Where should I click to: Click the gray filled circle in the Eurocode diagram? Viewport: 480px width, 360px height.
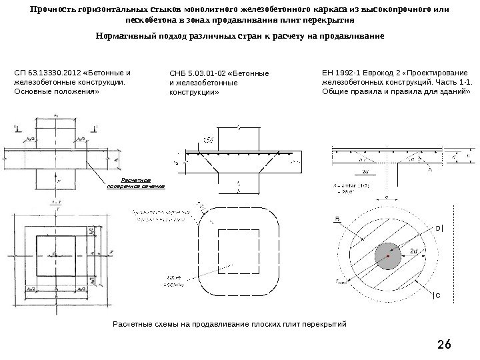pyautogui.click(x=388, y=255)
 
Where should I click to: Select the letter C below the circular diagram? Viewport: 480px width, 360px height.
pyautogui.click(x=437, y=294)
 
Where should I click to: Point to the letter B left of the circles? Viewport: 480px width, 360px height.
pyautogui.click(x=337, y=218)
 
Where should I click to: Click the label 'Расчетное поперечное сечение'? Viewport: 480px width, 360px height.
pyautogui.click(x=135, y=183)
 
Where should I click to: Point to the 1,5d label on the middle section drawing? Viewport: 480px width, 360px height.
pyautogui.click(x=207, y=138)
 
